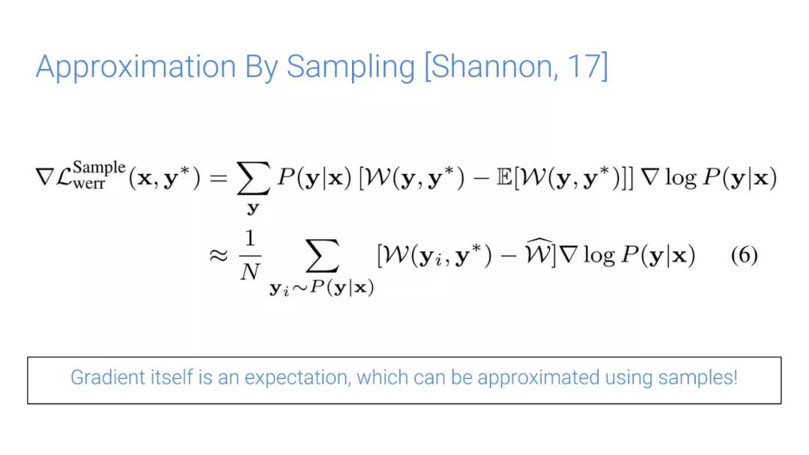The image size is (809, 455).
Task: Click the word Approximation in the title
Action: point(136,67)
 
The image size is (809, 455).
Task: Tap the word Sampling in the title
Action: point(351,67)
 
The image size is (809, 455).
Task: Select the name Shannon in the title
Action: point(494,67)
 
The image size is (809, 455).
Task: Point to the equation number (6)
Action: point(744,255)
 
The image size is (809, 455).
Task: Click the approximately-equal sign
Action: point(218,255)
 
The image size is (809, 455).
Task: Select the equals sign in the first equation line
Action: point(218,178)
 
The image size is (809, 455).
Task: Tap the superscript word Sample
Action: point(99,168)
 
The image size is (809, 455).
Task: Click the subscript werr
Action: point(88,184)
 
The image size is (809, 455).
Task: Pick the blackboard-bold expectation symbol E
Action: point(503,178)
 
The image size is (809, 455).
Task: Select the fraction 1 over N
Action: point(250,255)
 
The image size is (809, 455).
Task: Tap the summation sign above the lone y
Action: point(253,178)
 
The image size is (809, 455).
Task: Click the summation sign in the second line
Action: point(322,255)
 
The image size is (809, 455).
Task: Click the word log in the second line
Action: point(599,255)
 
